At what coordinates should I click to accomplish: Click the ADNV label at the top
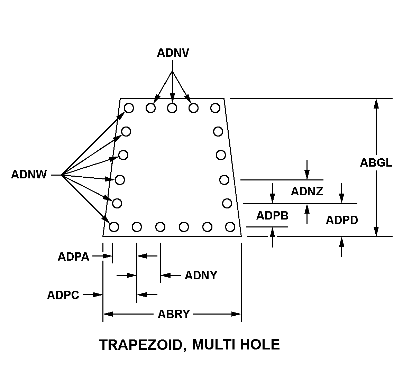click(x=173, y=53)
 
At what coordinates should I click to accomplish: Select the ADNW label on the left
click(x=29, y=175)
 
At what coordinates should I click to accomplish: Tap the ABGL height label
click(x=376, y=163)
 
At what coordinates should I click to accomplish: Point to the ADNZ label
click(x=307, y=191)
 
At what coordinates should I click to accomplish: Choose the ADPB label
click(x=272, y=215)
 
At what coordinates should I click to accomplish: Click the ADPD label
click(x=342, y=220)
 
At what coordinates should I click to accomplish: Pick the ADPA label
click(x=73, y=256)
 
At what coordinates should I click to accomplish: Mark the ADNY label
click(x=201, y=276)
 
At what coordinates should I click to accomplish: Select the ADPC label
click(x=63, y=295)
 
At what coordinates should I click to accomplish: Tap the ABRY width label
click(x=174, y=314)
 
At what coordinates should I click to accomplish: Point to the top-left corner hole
click(x=129, y=108)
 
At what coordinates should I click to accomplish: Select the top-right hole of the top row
click(x=215, y=108)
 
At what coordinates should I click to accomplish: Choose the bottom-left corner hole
click(x=114, y=227)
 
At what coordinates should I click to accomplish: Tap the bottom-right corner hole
click(x=230, y=227)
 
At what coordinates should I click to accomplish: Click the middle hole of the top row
click(x=172, y=108)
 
